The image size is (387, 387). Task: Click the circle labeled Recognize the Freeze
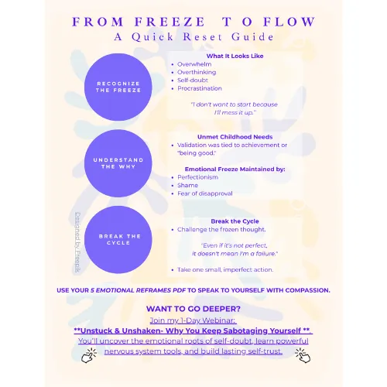click(x=118, y=87)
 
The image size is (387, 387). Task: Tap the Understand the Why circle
click(x=118, y=163)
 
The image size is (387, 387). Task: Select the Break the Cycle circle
click(x=118, y=240)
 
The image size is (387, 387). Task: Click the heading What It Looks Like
click(x=235, y=56)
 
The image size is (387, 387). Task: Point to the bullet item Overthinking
click(x=197, y=72)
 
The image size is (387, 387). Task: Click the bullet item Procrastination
click(x=200, y=88)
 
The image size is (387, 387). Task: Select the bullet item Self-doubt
click(x=193, y=80)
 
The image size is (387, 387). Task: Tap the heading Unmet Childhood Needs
click(x=235, y=137)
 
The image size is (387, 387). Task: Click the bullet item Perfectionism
click(x=197, y=177)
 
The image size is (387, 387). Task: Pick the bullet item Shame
click(x=187, y=185)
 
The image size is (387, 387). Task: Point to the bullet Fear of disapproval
click(x=205, y=193)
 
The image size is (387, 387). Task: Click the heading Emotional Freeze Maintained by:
click(x=235, y=170)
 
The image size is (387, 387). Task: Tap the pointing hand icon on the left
click(x=89, y=355)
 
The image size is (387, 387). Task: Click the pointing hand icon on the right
click(x=303, y=355)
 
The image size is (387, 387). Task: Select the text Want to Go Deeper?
click(x=193, y=309)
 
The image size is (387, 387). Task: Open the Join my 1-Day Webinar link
click(x=193, y=320)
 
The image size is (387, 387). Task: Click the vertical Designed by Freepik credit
click(x=77, y=242)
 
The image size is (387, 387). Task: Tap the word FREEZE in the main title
click(x=170, y=22)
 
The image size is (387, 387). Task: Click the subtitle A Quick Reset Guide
click(x=193, y=37)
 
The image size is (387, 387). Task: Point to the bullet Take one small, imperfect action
click(x=225, y=269)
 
